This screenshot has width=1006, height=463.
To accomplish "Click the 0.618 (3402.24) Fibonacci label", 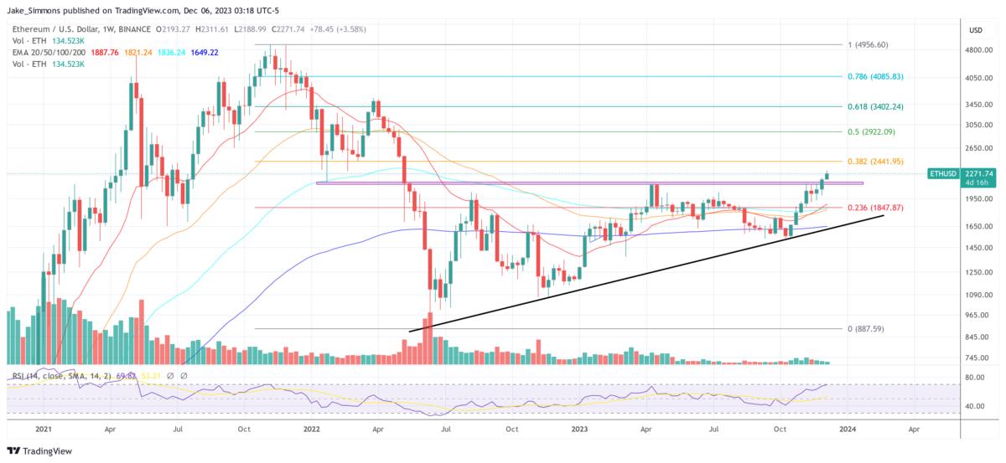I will point(876,107).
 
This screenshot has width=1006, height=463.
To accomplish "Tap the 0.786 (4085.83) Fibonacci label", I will point(876,76).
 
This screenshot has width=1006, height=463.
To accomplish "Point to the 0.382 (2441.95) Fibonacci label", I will point(876,162).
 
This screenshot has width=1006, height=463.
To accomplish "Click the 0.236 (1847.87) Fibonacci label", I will point(876,208).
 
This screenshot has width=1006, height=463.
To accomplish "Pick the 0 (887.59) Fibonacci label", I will point(866,329).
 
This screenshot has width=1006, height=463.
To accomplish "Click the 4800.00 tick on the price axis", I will point(976,50).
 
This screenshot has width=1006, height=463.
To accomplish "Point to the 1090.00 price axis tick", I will point(976,296).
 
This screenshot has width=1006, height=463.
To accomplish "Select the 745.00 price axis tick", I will point(976,358).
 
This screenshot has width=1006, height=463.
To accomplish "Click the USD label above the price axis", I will point(975,30).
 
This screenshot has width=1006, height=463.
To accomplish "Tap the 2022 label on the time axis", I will point(312,428).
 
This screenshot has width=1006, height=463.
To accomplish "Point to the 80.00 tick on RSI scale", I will point(974,378).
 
